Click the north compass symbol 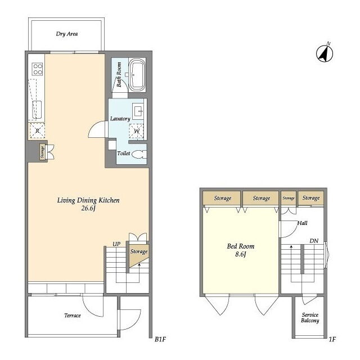coord(325,53)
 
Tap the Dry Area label coord(67,34)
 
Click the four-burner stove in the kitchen coord(38,69)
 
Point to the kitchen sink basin coord(37,110)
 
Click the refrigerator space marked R coord(37,131)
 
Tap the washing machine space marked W coord(136,131)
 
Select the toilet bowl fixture coord(139,154)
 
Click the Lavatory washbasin coord(138,111)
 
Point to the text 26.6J coord(88,208)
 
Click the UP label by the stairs coord(116,244)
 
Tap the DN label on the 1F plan coord(314,241)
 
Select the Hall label coord(302,223)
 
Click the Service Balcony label coord(310,318)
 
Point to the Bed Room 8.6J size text coord(241,254)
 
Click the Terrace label coord(73,316)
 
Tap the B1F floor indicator coord(160,339)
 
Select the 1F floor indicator coord(332,339)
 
